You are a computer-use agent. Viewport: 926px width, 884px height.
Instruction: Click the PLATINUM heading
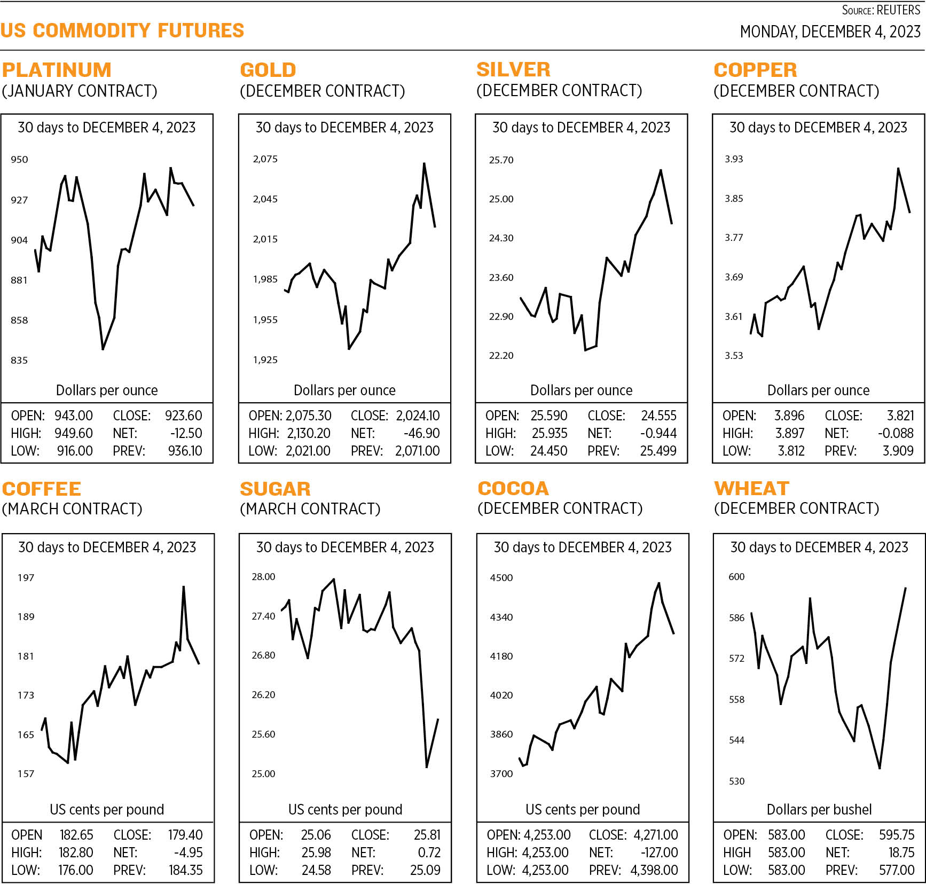[x=57, y=70]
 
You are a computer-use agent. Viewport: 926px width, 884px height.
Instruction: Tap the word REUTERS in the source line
[x=899, y=10]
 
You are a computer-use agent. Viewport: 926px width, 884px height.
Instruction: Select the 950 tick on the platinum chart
[x=19, y=159]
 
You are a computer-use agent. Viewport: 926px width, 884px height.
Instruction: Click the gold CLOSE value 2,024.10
[x=418, y=416]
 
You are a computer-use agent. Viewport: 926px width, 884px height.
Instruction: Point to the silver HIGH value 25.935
[x=550, y=433]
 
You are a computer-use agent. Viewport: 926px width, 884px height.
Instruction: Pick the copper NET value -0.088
[x=896, y=433]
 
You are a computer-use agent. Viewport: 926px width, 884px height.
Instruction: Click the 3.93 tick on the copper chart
[x=734, y=159]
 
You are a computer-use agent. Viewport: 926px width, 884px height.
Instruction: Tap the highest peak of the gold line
[x=424, y=163]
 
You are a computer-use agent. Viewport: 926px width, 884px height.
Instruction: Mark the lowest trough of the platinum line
[x=103, y=349]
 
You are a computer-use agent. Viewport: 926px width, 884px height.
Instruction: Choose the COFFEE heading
[x=42, y=489]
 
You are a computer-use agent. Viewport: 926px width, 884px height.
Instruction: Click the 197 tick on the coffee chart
[x=26, y=577]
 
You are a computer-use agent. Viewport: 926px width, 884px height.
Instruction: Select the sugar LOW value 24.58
[x=316, y=870]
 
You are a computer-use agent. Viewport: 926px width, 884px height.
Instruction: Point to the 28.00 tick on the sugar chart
[x=263, y=576]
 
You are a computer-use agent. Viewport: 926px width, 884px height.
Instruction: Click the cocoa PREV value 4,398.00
[x=654, y=870]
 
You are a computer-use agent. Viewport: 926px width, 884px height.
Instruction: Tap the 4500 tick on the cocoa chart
[x=501, y=577]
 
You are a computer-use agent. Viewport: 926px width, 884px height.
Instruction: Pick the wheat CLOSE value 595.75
[x=897, y=834]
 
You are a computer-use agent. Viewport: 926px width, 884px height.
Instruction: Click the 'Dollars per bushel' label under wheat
[x=819, y=809]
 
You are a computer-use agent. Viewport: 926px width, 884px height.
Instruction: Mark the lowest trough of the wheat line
[x=879, y=768]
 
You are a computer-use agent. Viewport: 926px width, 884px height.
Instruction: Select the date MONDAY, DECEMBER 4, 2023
[x=830, y=32]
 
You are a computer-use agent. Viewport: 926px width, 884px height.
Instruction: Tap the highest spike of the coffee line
[x=184, y=586]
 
